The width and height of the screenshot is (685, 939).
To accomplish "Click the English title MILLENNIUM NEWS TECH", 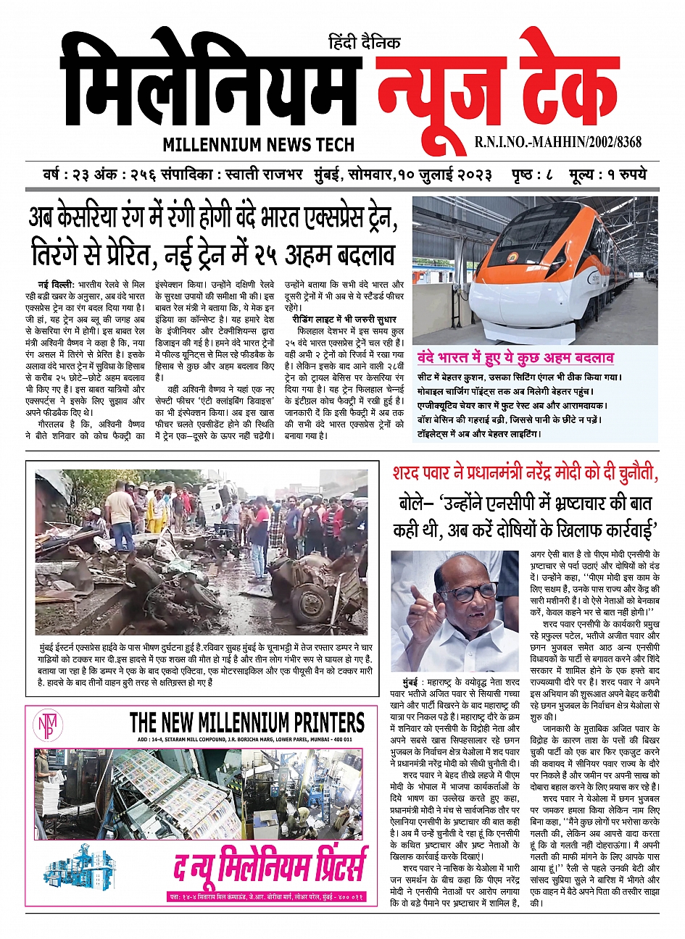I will point(258,144).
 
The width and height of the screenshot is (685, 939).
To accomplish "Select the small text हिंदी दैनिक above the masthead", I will point(364,43).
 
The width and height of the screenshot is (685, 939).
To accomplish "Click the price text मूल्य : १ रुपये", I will point(608,175).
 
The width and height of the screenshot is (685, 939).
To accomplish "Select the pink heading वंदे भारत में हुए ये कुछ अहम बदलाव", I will point(515,358).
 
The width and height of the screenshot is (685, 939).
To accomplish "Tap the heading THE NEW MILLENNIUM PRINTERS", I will point(246,722).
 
